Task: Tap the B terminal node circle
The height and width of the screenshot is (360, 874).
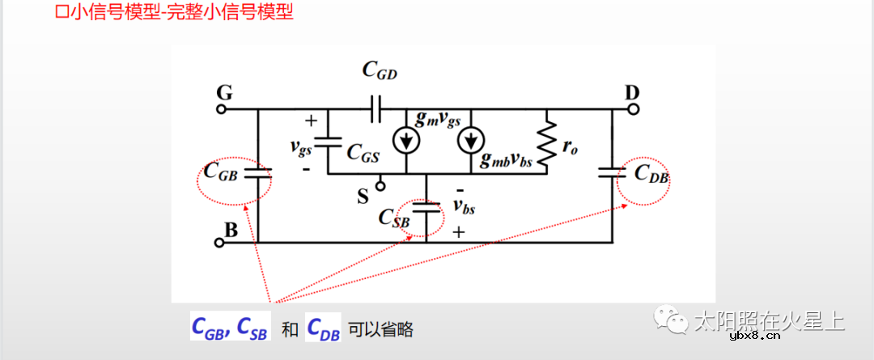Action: coord(219,242)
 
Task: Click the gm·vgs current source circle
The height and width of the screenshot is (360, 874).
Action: coord(406,141)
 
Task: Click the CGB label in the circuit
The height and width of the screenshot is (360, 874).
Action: coord(221,172)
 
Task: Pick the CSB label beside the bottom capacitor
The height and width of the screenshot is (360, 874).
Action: coord(395,218)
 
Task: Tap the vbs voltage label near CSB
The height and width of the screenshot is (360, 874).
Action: coord(464,208)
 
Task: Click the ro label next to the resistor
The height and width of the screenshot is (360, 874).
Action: coord(571,148)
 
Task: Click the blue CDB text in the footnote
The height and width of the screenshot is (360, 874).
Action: coord(323,328)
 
